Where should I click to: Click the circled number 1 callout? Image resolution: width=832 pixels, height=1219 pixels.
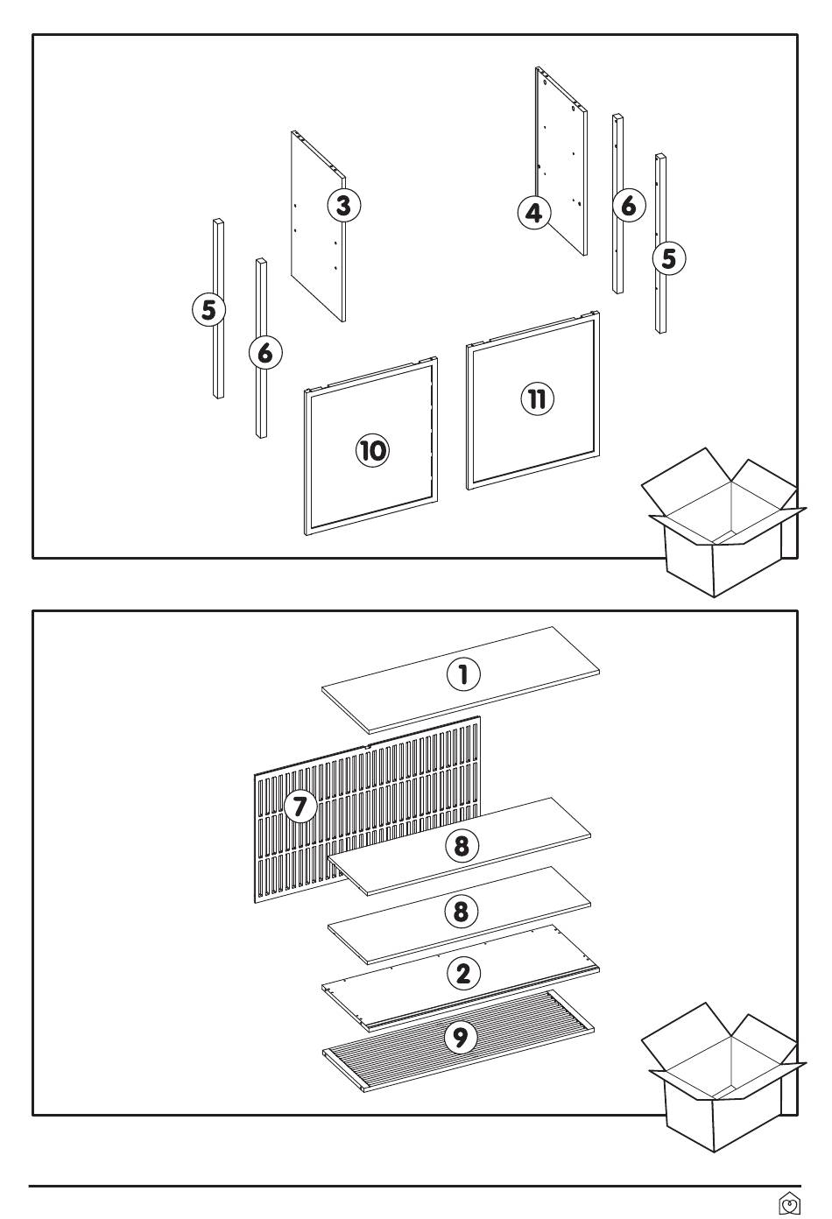point(463,674)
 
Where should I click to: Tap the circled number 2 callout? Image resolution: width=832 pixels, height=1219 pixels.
point(463,973)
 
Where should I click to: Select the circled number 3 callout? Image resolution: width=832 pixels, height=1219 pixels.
point(343,205)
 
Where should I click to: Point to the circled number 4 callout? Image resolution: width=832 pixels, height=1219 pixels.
point(533,213)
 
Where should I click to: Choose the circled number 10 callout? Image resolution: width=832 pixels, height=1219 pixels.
point(372,451)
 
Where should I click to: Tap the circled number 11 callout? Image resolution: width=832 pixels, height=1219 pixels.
point(538,399)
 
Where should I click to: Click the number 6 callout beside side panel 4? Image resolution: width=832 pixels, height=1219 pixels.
point(627,206)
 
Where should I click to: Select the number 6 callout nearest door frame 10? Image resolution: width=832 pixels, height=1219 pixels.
point(265,354)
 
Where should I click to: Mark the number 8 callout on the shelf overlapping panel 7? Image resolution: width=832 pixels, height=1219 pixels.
point(462,846)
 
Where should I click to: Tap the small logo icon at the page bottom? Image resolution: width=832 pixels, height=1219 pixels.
point(788,1205)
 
